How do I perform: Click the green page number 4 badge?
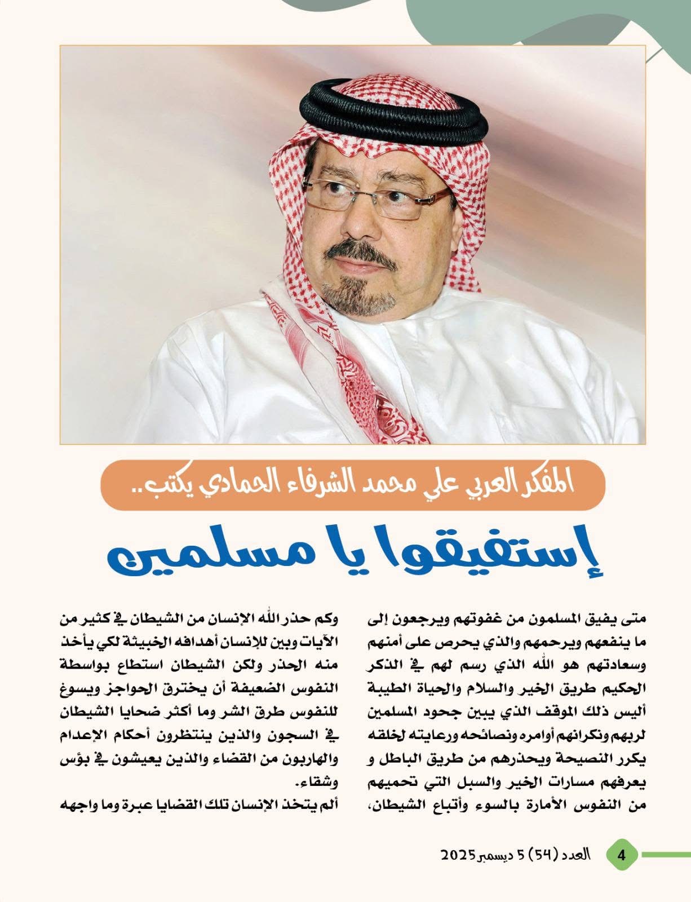[x=622, y=855]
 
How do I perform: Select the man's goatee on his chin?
[x=349, y=296]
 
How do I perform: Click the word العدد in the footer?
[x=577, y=855]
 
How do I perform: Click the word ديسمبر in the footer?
[x=499, y=855]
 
